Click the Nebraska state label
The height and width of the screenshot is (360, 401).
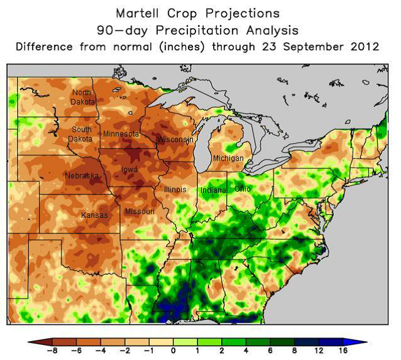(x=81, y=176)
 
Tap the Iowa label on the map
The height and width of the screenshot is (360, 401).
(x=130, y=170)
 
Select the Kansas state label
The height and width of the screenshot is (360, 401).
(x=94, y=215)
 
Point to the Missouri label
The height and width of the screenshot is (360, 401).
(x=140, y=212)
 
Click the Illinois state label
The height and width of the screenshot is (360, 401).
(x=174, y=189)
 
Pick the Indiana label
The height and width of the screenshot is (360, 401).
(x=213, y=190)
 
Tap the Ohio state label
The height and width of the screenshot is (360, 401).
(x=242, y=188)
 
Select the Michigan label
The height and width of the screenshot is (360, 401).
(x=228, y=158)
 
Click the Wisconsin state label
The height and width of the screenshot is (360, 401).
(x=175, y=140)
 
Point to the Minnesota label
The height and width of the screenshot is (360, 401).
(x=121, y=134)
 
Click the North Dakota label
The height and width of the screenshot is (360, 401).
(x=83, y=97)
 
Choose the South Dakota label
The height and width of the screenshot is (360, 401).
(x=82, y=134)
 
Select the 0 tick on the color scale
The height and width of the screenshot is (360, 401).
(x=173, y=351)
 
